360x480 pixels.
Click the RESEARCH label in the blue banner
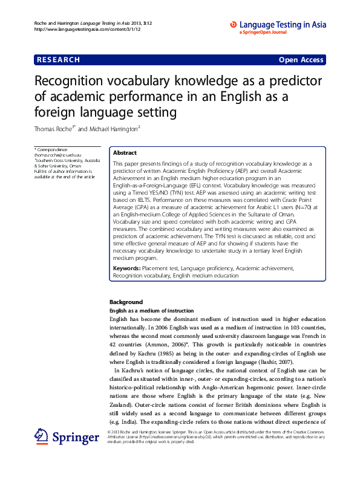tap(58, 60)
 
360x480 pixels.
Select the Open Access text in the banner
tap(301, 60)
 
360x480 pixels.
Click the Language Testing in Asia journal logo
tap(278, 26)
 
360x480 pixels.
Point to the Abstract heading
tap(125, 154)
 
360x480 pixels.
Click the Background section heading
tap(126, 302)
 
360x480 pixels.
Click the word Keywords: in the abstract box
tap(126, 268)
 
